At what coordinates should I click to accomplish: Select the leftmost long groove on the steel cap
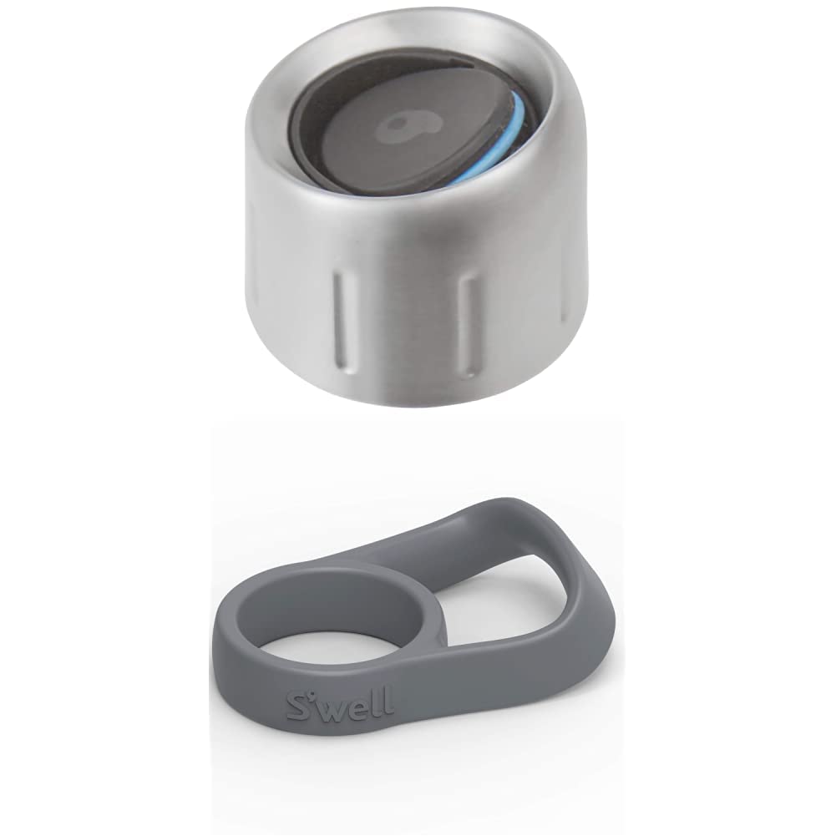342,321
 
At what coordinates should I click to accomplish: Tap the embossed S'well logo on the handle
340,704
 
